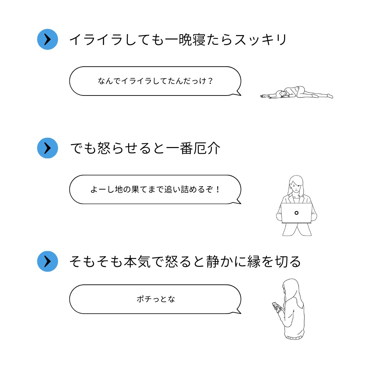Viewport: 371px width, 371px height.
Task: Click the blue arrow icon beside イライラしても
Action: click(x=47, y=40)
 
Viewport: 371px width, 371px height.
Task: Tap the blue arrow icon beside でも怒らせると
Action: click(x=47, y=148)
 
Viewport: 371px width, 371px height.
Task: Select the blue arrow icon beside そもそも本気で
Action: click(x=47, y=261)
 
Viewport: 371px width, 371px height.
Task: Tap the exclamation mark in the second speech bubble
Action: click(x=217, y=189)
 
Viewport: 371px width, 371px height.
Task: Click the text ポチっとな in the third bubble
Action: click(x=156, y=299)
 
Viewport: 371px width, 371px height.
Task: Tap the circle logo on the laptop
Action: click(x=296, y=213)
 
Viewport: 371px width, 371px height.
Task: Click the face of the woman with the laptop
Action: click(x=296, y=186)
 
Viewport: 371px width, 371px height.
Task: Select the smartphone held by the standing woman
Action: click(x=276, y=305)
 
